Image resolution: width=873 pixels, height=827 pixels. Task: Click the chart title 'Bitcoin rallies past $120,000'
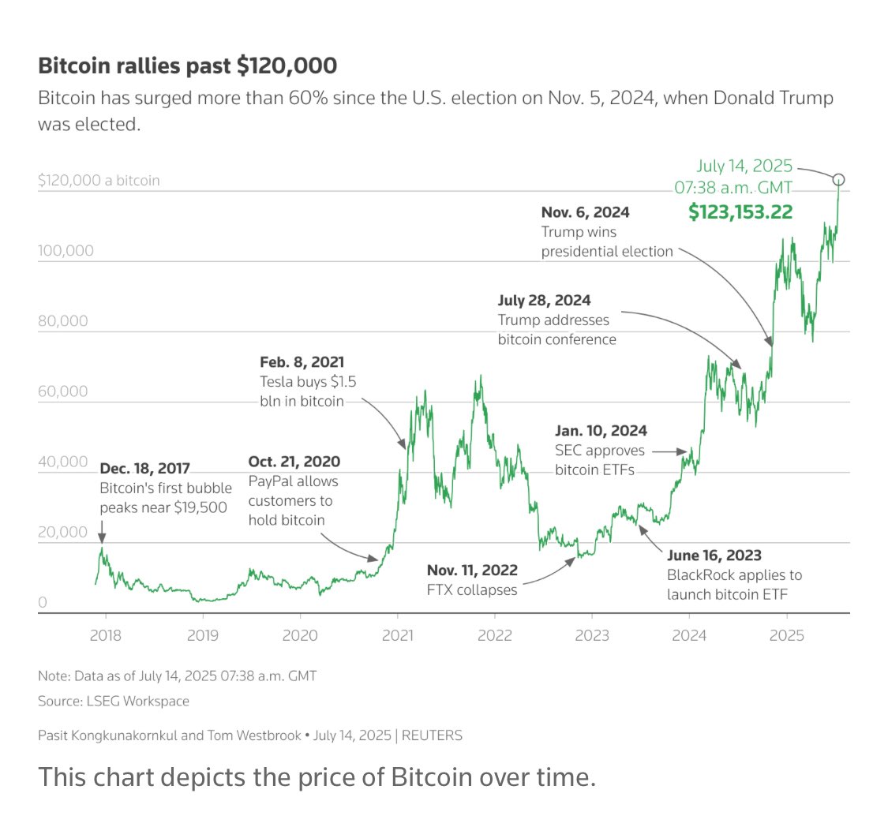click(x=188, y=66)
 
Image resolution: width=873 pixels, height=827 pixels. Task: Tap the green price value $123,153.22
click(x=740, y=211)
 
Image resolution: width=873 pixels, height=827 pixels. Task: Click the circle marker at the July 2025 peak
click(x=839, y=179)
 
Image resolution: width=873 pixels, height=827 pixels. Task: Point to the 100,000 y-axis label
click(x=66, y=251)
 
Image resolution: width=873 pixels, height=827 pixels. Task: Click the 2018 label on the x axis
click(x=104, y=635)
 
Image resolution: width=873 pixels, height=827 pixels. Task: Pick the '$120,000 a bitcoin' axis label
click(x=99, y=180)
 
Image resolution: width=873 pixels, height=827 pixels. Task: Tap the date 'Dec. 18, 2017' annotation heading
click(x=145, y=469)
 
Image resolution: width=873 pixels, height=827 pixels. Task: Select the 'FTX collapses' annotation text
click(x=472, y=589)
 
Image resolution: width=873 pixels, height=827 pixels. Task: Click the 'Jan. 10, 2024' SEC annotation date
click(x=601, y=431)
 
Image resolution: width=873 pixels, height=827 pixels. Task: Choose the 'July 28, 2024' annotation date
click(x=544, y=301)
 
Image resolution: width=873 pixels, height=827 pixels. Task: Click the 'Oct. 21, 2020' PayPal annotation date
click(x=294, y=462)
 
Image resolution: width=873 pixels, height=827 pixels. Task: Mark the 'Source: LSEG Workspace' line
click(x=114, y=701)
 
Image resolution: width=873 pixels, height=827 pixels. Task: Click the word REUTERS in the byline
click(x=432, y=735)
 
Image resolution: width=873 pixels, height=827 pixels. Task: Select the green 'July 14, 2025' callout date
click(x=744, y=167)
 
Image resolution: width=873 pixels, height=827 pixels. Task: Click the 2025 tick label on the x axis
click(x=786, y=635)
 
